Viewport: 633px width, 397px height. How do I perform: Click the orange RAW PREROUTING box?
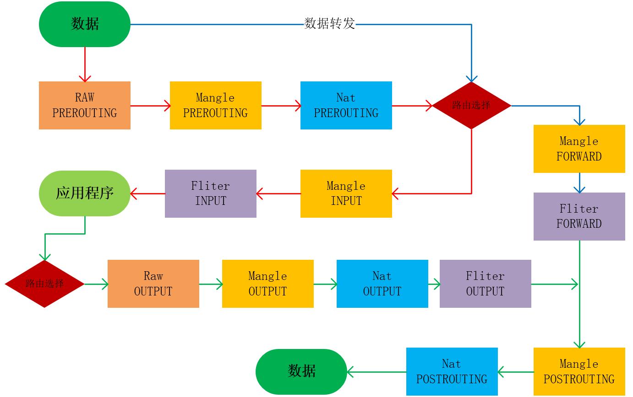coord(85,105)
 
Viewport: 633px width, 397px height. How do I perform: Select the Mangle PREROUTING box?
coord(215,105)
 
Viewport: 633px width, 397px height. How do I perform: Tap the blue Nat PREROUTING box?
coord(346,105)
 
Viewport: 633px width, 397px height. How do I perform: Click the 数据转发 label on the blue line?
coord(329,24)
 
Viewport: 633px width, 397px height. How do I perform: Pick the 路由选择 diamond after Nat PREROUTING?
coord(471,106)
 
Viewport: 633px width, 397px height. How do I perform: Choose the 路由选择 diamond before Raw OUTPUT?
coord(44,284)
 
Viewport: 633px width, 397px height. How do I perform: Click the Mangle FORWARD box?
coord(579,149)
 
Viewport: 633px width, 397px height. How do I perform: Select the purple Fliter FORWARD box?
coord(579,216)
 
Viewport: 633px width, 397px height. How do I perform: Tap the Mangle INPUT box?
coord(346,193)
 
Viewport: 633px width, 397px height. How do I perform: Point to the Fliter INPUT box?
coord(210,193)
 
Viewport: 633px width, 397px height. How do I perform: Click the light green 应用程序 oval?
coord(85,193)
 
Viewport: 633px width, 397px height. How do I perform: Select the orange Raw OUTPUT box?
coord(153,284)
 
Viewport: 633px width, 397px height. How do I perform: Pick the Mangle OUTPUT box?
coord(267,284)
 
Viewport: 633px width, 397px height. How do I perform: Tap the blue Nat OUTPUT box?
coord(382,284)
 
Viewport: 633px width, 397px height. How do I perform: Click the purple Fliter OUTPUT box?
coord(485,284)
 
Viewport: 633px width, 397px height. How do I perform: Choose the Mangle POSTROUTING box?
coord(579,371)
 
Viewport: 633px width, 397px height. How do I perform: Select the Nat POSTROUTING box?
coord(452,371)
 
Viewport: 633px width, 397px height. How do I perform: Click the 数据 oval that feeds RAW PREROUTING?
coord(85,24)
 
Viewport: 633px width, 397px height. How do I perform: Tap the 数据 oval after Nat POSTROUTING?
coord(301,371)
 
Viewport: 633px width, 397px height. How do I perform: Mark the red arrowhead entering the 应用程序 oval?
coord(134,194)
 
